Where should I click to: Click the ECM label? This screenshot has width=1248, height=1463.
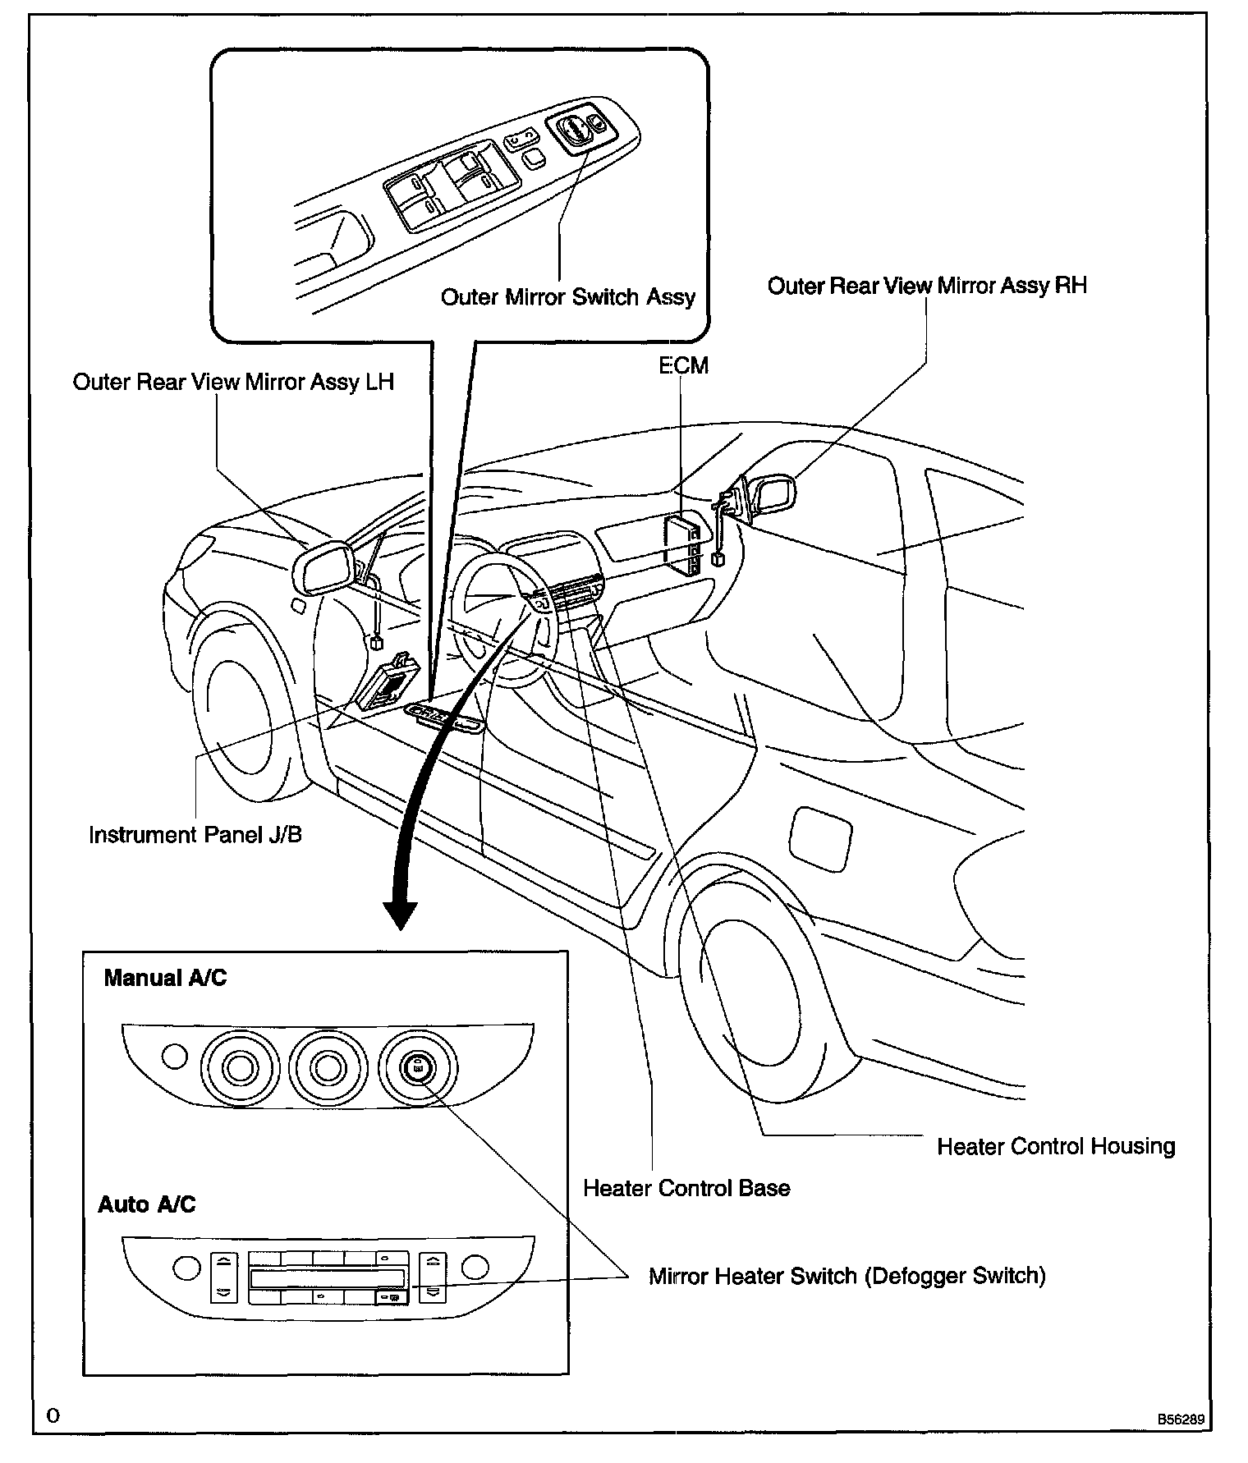683,365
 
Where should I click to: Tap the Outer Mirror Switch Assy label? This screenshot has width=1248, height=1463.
567,297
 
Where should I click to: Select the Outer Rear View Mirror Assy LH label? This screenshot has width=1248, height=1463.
233,383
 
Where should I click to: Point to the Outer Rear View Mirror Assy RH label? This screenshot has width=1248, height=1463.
927,286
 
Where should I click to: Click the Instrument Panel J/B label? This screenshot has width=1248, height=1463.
195,835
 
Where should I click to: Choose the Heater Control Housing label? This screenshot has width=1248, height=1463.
1056,1146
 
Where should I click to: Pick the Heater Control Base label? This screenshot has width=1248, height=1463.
686,1188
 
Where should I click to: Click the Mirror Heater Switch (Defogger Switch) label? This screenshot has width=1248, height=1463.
847,1276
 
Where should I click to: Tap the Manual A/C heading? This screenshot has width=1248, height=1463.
165,978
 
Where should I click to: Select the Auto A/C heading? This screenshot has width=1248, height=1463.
147,1204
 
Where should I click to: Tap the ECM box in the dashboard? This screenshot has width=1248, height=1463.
683,543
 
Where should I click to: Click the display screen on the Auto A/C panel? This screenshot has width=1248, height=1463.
327,1278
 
